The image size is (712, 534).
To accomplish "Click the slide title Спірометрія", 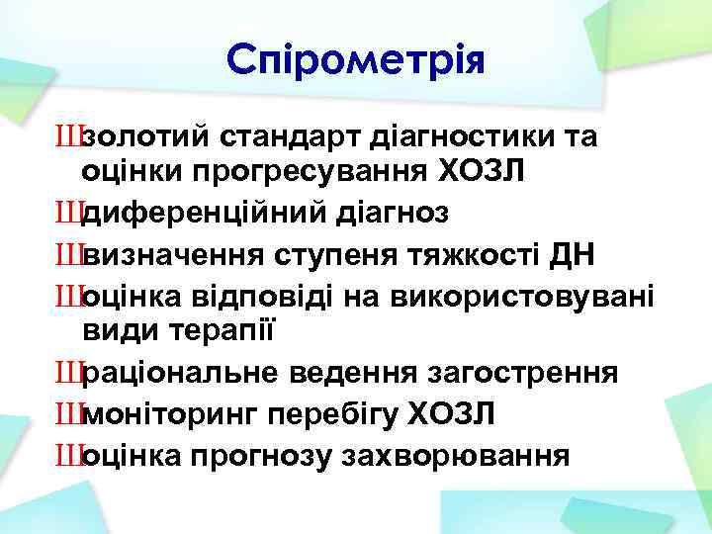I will pos(356,61).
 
